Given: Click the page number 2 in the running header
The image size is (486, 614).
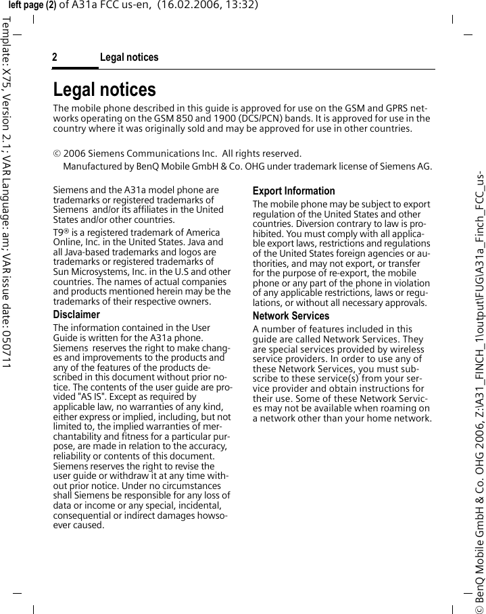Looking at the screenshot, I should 55,57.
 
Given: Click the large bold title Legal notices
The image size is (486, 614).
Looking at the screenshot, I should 104,90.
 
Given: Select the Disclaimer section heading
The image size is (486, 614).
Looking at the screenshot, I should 76,315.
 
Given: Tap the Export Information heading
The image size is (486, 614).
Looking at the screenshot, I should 293,191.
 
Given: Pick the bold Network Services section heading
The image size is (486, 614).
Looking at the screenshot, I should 291,316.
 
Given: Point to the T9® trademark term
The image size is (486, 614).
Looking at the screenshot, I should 59,232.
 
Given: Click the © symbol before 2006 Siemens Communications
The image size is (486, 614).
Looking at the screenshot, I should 57,154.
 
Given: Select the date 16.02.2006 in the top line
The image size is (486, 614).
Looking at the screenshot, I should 181,5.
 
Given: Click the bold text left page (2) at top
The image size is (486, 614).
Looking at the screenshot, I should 32,5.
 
